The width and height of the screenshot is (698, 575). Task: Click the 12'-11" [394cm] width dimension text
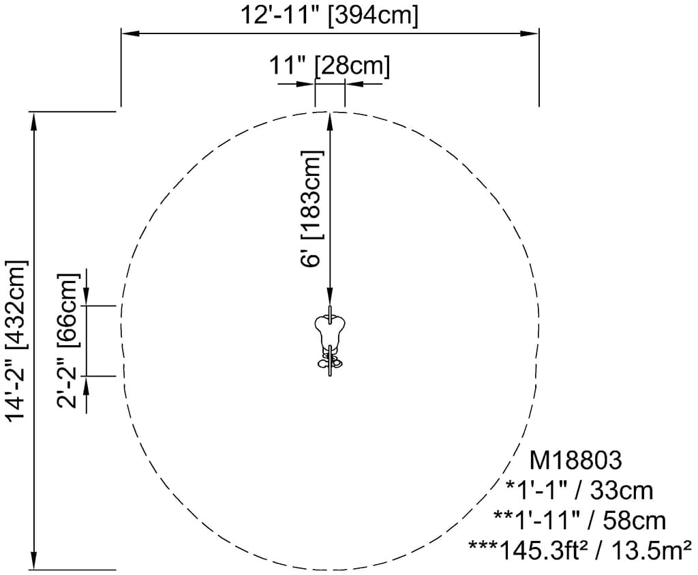pyautogui.click(x=329, y=15)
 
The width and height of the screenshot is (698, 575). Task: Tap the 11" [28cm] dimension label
pyautogui.click(x=329, y=66)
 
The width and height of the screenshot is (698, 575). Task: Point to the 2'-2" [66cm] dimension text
pyautogui.click(x=67, y=341)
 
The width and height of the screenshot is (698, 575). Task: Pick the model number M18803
pyautogui.click(x=575, y=460)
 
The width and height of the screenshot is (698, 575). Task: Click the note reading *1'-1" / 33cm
pyautogui.click(x=579, y=490)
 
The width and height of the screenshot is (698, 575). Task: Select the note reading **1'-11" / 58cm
pyautogui.click(x=579, y=520)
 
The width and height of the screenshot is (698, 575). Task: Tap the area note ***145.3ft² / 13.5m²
pyautogui.click(x=580, y=550)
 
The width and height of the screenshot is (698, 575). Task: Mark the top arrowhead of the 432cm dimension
pyautogui.click(x=33, y=121)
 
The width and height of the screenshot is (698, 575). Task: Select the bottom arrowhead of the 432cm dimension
pyautogui.click(x=33, y=560)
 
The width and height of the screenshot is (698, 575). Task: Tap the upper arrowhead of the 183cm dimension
pyautogui.click(x=330, y=122)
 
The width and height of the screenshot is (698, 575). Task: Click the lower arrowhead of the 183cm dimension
pyautogui.click(x=330, y=296)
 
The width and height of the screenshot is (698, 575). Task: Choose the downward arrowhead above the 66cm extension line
pyautogui.click(x=87, y=297)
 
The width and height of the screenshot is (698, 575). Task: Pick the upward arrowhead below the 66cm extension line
pyautogui.click(x=87, y=385)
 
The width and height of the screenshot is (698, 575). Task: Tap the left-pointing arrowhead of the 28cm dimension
pyautogui.click(x=354, y=83)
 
